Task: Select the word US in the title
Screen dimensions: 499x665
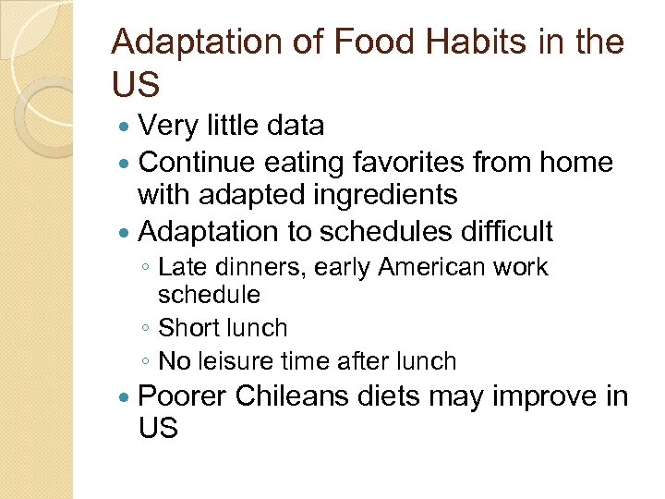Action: (x=136, y=84)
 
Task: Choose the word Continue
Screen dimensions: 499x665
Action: (x=197, y=162)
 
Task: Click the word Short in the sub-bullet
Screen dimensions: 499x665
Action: (x=187, y=328)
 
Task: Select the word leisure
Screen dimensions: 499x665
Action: (x=241, y=360)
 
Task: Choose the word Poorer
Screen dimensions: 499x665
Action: (x=182, y=396)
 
